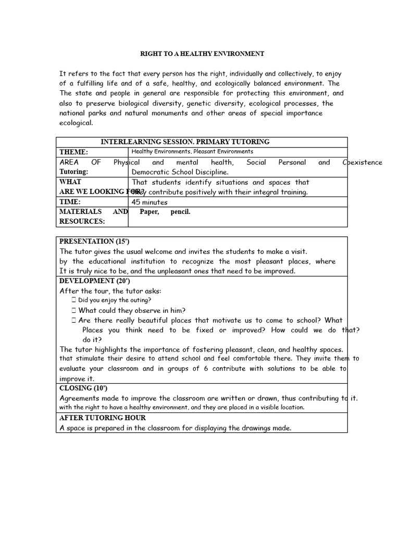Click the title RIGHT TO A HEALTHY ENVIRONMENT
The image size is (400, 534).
203,54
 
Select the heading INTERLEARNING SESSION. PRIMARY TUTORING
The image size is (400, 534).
185,142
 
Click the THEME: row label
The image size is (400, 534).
73,152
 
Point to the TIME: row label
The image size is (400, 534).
70,202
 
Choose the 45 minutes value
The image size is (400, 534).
150,202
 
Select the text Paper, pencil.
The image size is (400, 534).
165,212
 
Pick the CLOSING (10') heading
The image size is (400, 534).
83,389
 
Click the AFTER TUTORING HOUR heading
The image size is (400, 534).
103,418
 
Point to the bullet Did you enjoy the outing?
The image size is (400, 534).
115,300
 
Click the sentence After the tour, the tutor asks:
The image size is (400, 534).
110,291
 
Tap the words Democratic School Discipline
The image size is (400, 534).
180,172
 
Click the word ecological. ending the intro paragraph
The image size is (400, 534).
76,123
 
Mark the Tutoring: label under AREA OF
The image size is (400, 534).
74,172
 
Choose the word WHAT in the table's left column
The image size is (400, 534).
70,182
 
